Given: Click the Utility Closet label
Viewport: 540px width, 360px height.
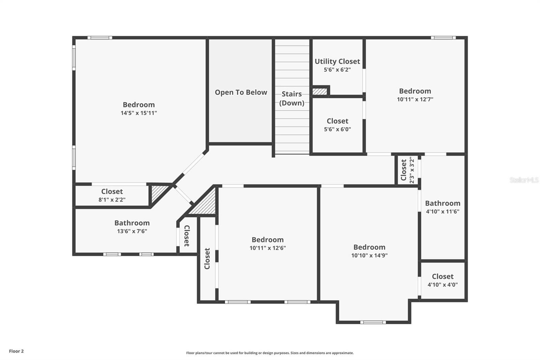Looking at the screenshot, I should (x=337, y=61).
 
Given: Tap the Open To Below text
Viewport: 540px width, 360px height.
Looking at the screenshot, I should (x=241, y=93).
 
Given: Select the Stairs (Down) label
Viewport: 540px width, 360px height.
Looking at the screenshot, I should (x=292, y=98).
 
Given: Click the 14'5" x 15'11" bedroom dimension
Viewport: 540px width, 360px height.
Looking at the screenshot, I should (x=139, y=113).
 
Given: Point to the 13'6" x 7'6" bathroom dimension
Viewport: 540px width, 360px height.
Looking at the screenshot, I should (x=132, y=231).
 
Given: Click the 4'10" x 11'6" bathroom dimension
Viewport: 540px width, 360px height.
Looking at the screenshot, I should (x=442, y=212).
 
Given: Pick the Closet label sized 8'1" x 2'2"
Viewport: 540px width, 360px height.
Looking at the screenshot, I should (x=112, y=191).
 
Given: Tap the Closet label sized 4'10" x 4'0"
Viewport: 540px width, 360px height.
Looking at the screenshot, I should (x=442, y=276).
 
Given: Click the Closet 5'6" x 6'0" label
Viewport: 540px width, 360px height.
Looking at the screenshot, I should (x=337, y=121).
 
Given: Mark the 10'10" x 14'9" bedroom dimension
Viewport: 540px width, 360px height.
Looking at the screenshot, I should (x=369, y=256).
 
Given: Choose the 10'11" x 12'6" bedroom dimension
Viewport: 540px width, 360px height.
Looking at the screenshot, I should (x=268, y=248).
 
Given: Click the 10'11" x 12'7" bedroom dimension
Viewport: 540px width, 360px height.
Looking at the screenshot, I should (x=415, y=99).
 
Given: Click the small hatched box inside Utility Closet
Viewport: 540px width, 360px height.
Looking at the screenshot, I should (x=320, y=92).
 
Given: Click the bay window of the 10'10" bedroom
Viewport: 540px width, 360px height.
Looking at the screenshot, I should (x=373, y=322).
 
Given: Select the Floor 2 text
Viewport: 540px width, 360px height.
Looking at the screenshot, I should (x=16, y=351).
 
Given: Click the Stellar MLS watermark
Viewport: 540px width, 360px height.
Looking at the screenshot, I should (x=524, y=180).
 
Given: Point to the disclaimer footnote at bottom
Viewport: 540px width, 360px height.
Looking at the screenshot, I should (x=270, y=353).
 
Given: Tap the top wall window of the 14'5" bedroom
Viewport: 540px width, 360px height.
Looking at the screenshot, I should (x=100, y=37).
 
